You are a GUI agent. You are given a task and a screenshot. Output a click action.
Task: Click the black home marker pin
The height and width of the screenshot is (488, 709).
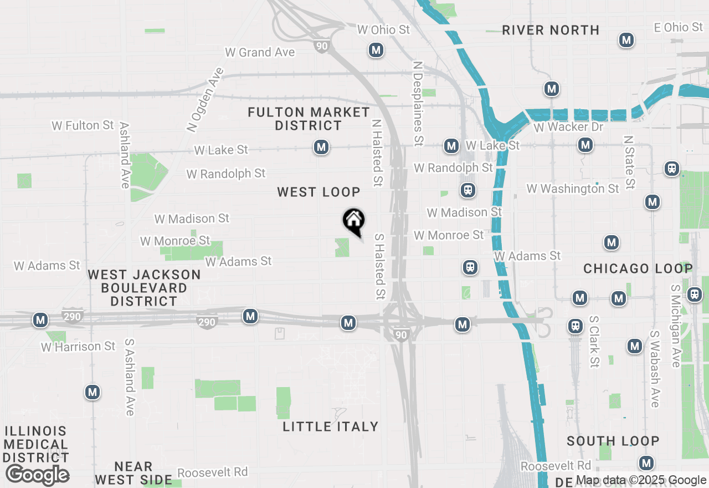click(353, 221)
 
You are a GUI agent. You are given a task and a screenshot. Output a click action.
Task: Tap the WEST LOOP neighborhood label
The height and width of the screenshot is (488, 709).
click(318, 192)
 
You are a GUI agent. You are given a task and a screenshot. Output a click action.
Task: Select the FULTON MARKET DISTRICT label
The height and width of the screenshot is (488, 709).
click(309, 119)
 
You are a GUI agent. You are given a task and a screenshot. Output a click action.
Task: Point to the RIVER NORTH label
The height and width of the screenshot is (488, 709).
click(551, 30)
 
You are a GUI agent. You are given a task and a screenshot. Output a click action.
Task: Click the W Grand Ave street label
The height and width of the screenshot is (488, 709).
click(260, 53)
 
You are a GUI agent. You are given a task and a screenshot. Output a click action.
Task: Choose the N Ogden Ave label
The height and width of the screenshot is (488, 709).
click(205, 100)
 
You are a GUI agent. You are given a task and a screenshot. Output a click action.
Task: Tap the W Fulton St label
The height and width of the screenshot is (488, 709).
click(83, 126)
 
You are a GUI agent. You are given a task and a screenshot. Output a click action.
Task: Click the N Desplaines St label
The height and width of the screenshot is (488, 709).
click(418, 101)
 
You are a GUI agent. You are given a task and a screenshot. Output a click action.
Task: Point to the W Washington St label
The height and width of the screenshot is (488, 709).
click(573, 189)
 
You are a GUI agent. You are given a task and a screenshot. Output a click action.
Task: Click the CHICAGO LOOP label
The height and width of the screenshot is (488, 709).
click(638, 269)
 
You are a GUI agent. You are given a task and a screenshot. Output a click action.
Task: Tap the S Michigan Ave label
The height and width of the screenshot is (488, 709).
click(676, 326)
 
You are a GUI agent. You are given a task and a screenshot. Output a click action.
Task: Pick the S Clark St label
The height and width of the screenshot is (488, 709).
click(594, 342)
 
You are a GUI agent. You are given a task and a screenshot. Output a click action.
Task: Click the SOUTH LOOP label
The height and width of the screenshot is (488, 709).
click(613, 441)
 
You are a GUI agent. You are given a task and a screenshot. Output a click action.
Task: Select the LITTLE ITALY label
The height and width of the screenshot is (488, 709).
click(331, 426)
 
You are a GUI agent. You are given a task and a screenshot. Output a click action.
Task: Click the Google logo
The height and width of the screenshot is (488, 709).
click(37, 475)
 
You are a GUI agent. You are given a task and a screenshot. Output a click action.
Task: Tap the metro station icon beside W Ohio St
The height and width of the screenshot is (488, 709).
click(376, 50)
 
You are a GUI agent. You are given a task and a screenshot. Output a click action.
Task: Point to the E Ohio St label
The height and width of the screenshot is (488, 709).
click(678, 27)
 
